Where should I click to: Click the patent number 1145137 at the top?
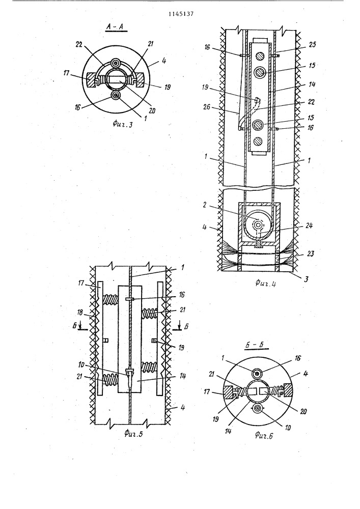181,14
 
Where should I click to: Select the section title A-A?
116,28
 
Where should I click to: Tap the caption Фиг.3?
123,124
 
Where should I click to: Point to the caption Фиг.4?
265,284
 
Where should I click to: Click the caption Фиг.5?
133,433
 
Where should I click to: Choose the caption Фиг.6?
264,436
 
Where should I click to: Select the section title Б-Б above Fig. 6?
257,345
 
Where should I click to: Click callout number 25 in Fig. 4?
312,45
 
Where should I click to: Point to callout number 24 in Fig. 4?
309,225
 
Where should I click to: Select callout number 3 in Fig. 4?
306,278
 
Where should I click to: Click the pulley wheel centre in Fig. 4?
258,224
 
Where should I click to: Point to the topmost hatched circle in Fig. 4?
259,55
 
